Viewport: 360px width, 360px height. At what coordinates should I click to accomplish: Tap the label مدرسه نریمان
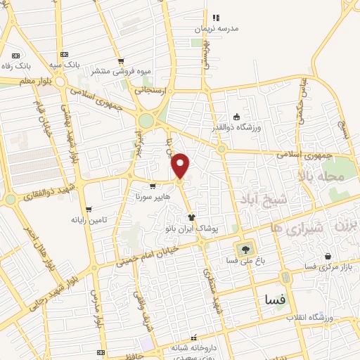[217, 30]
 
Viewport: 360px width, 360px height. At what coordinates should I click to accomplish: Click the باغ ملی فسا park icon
[245, 248]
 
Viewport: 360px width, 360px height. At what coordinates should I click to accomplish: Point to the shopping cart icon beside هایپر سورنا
[153, 187]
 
